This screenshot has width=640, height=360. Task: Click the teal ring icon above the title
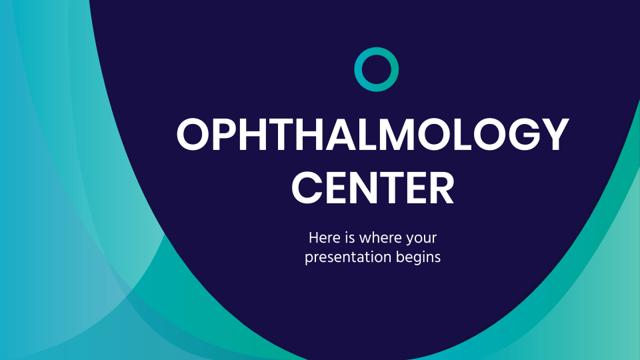point(376,69)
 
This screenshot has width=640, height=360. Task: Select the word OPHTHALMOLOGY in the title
point(373,135)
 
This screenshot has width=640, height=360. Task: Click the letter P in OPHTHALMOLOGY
point(226,135)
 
